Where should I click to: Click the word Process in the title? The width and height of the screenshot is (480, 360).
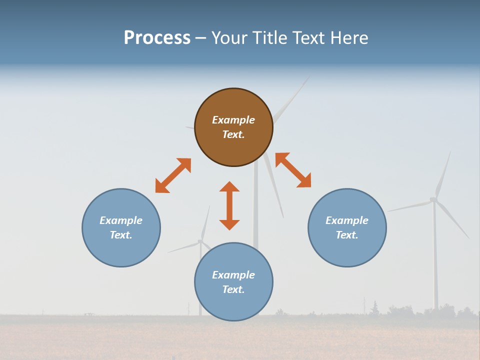click(x=157, y=38)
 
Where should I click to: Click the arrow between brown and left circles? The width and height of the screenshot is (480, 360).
click(x=173, y=175)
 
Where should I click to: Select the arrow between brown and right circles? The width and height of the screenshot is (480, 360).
click(x=293, y=170)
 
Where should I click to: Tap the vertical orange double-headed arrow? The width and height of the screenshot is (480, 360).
click(x=229, y=205)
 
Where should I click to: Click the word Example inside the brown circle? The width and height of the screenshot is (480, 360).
click(x=233, y=120)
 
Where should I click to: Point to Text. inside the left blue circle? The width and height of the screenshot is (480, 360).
click(x=121, y=235)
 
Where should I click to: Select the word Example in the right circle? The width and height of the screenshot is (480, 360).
click(x=347, y=220)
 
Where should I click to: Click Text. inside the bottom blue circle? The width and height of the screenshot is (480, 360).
click(x=233, y=289)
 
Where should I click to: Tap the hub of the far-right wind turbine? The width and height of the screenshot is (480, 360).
click(x=433, y=199)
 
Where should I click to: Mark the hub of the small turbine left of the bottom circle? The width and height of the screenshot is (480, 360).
click(x=200, y=241)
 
